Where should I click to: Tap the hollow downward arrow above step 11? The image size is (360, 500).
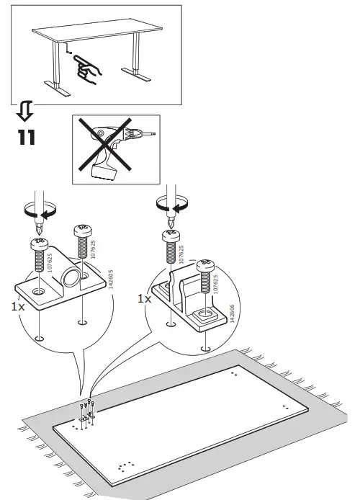click(24, 110)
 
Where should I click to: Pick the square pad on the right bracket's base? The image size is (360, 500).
click(204, 315)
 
